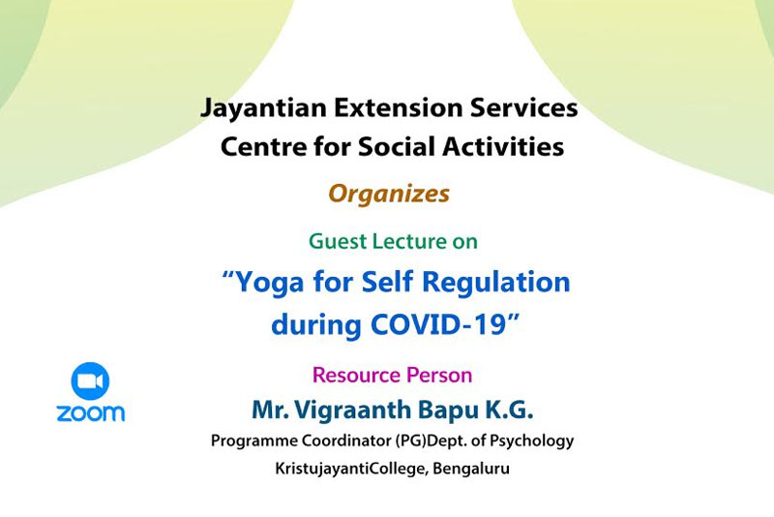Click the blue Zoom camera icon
coord(90,380)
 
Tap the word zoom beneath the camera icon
coord(91,412)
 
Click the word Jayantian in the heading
coord(263,108)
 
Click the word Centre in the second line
coord(263,146)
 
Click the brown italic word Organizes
coord(389,194)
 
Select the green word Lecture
coord(409,241)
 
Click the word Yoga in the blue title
coord(270,284)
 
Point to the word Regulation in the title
coord(496,284)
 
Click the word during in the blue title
coord(317,325)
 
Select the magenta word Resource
coord(357,375)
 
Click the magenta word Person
coord(439,375)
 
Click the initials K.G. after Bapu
coord(510,410)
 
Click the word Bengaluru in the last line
coord(471,469)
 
